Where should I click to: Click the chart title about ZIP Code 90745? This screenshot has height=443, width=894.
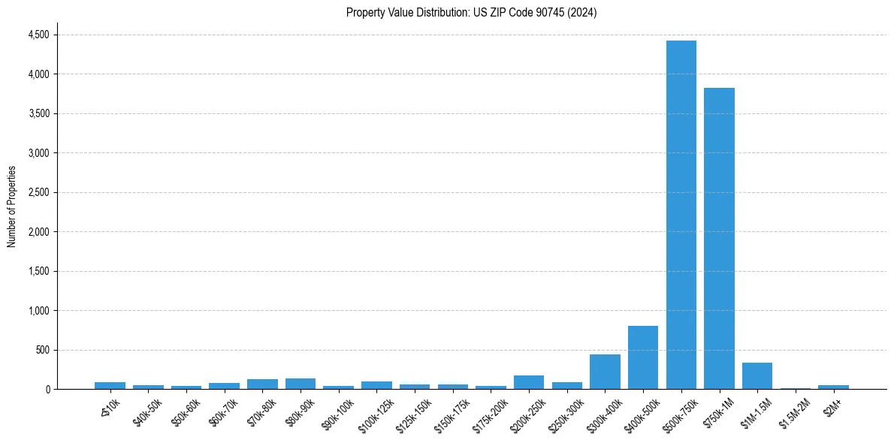click(x=471, y=12)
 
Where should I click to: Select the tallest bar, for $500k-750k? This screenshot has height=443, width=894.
click(x=681, y=215)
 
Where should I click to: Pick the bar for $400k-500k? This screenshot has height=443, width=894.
click(x=643, y=357)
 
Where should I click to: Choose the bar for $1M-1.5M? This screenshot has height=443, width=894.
click(x=757, y=376)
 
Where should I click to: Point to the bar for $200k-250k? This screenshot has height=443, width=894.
click(x=529, y=382)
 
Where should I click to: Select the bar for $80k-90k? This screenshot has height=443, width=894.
click(x=301, y=384)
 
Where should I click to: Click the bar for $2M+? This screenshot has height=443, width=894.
click(x=833, y=387)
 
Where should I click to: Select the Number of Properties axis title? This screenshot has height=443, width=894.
click(x=12, y=206)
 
